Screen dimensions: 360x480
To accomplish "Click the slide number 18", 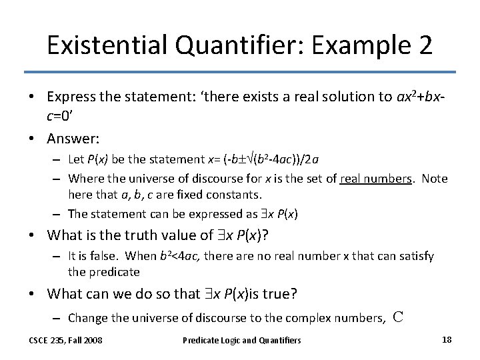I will click(447, 340).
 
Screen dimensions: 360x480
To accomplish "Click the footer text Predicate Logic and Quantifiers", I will click(242, 341).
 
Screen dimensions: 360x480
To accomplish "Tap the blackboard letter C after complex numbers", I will click(398, 317).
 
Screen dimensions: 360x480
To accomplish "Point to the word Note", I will click(435, 179).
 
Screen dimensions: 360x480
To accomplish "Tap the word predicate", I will click(113, 272).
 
